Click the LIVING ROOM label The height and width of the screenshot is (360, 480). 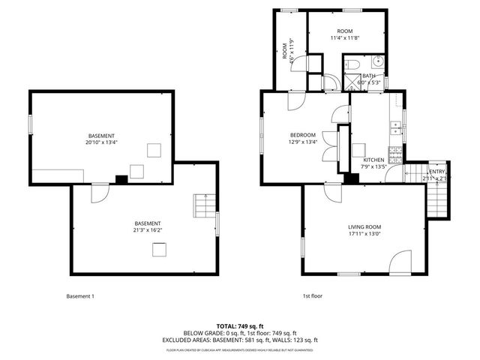(364, 227)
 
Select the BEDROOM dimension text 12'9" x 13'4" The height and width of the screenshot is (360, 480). (304, 142)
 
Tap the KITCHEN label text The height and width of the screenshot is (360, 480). (373, 160)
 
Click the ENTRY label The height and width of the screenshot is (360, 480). (436, 172)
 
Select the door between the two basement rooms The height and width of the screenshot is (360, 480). (98, 193)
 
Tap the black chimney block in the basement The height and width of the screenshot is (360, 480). (120, 179)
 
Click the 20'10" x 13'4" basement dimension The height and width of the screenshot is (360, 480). (101, 142)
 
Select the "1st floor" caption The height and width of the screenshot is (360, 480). (312, 296)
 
